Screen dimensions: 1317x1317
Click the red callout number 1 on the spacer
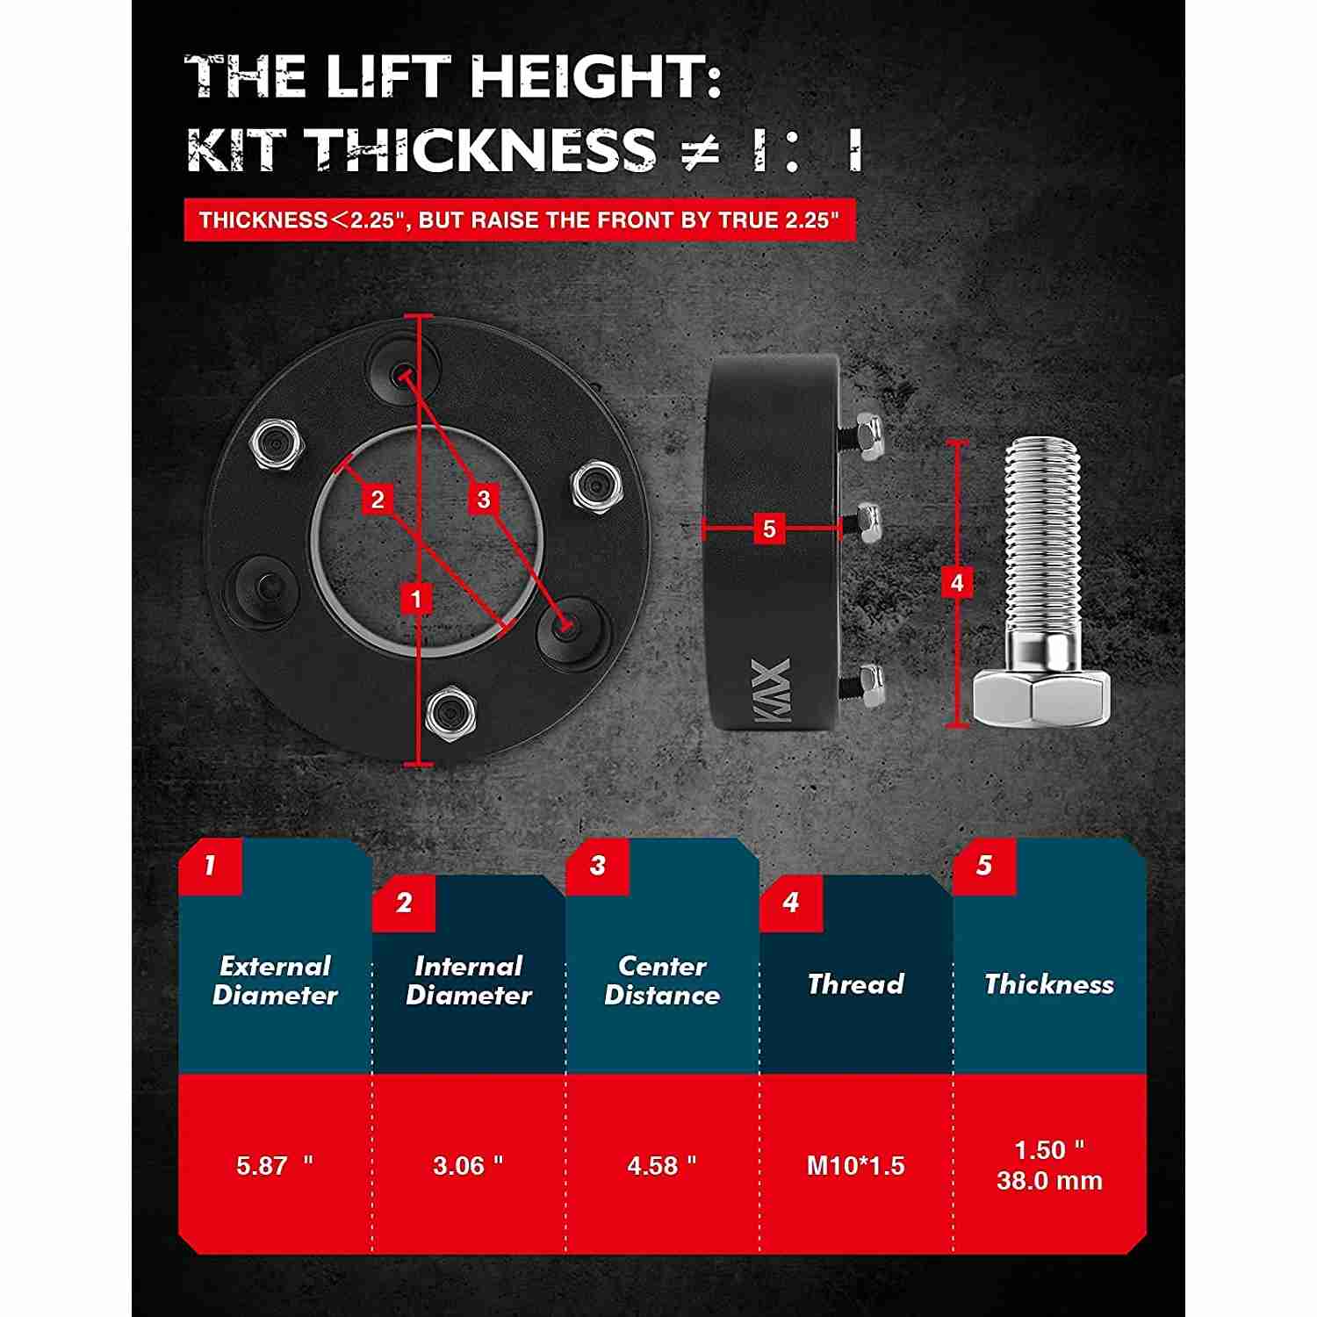click(x=416, y=599)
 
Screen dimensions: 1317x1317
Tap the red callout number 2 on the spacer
click(x=378, y=500)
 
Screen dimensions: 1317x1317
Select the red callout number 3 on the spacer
click(x=484, y=500)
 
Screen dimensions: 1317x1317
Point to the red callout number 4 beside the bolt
click(x=957, y=582)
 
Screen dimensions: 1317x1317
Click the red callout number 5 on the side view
click(x=769, y=529)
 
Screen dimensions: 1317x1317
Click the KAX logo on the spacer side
click(x=773, y=692)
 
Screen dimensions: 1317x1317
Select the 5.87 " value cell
click(x=275, y=1165)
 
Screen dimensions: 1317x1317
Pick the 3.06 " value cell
click(x=468, y=1165)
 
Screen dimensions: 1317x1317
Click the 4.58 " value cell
click(x=662, y=1165)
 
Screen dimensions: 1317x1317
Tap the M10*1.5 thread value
click(x=855, y=1165)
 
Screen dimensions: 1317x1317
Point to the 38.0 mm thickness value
click(x=1049, y=1180)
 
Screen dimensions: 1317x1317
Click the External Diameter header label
click(x=275, y=981)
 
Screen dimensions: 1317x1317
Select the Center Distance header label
click(x=662, y=981)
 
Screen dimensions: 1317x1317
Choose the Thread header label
click(x=855, y=983)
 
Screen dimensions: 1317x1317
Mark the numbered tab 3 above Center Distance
click(x=598, y=866)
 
